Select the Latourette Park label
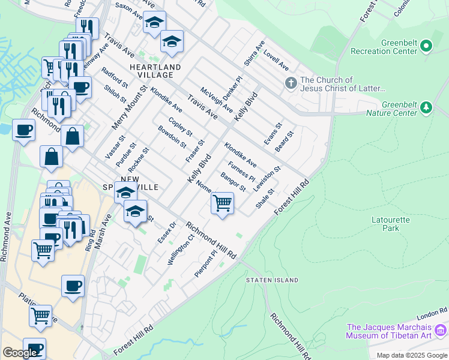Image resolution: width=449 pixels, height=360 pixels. point(391,224)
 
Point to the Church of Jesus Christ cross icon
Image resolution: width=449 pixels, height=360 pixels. point(291,82)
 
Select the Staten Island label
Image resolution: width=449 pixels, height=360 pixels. point(272,280)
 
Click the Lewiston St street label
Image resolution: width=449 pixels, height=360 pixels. point(268,179)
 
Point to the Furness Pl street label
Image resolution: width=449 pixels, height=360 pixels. point(242,171)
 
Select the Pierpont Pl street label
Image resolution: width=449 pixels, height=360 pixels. point(205,265)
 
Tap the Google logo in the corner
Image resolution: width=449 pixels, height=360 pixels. point(20,353)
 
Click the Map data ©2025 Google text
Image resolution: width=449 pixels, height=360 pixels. point(412,355)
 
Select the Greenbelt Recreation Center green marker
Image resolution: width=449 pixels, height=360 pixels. point(426,46)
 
